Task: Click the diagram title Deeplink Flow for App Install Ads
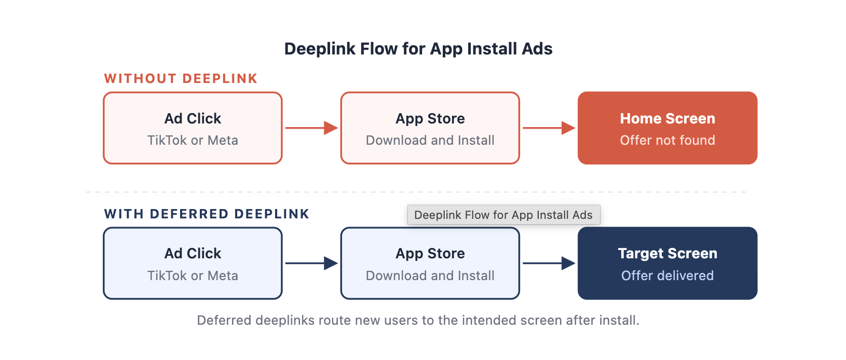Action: tap(418, 49)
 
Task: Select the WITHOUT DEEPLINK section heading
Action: tap(181, 78)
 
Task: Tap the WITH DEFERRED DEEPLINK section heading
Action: tap(207, 214)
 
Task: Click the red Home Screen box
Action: tap(667, 128)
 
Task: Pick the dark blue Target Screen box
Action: tap(667, 263)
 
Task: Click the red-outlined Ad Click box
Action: tap(193, 128)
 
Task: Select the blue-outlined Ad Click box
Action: tap(193, 263)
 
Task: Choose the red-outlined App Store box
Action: tap(430, 128)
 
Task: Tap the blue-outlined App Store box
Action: tap(430, 263)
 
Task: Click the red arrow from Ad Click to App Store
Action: tap(311, 128)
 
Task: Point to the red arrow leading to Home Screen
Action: tap(549, 128)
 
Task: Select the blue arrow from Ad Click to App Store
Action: tap(311, 263)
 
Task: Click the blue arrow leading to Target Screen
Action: tap(549, 263)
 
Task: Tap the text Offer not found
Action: tap(667, 141)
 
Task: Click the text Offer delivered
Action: tap(667, 275)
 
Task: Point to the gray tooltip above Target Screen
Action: tap(503, 215)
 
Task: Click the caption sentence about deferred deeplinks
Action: tap(418, 321)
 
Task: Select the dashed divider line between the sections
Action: tap(416, 192)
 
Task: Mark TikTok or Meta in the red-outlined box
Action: tap(193, 141)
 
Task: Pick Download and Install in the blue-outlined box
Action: tap(430, 275)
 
